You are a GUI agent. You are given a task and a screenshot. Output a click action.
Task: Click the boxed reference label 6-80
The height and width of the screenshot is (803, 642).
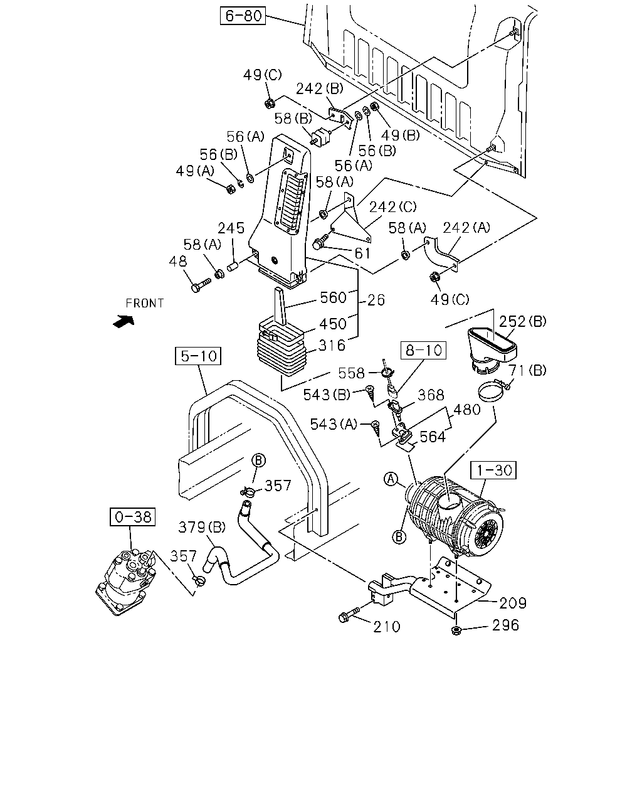(243, 16)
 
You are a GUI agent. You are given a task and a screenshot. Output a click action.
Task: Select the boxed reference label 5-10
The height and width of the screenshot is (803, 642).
(198, 356)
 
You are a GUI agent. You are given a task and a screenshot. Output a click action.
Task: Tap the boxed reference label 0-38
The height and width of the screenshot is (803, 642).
(132, 517)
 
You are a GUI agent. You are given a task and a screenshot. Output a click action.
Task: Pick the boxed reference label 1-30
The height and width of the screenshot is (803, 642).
(494, 470)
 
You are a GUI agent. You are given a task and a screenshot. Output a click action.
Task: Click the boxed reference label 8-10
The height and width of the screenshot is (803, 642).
(423, 351)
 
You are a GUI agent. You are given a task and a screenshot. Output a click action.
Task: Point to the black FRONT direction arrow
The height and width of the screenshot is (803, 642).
(124, 321)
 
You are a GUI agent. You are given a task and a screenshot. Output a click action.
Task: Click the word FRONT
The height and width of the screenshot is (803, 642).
(145, 304)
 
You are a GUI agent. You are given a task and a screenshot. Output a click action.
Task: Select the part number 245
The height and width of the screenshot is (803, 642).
(231, 228)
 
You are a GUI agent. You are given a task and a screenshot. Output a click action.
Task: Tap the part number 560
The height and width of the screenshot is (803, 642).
(334, 297)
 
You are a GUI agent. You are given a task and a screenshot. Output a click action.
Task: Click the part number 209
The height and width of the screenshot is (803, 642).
(513, 603)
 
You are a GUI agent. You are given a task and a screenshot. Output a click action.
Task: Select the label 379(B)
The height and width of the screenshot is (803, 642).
(202, 527)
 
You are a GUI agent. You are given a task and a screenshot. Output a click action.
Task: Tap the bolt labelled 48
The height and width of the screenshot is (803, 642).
(201, 285)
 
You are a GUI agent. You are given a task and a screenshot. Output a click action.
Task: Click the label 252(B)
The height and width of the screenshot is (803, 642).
(523, 321)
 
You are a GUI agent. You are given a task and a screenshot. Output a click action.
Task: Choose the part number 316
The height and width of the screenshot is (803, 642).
(332, 346)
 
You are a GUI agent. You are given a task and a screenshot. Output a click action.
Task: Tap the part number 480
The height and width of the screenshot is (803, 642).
(467, 410)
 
